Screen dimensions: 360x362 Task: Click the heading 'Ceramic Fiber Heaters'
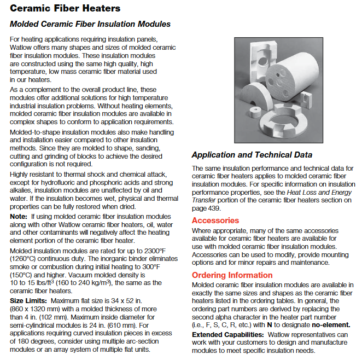[x=65, y=9]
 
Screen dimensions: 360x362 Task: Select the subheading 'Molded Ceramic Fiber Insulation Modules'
[x=90, y=24]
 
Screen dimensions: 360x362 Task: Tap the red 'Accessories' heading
[x=215, y=220]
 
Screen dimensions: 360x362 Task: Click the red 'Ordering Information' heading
[x=232, y=275]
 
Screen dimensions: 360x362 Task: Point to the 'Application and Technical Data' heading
[x=252, y=155]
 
